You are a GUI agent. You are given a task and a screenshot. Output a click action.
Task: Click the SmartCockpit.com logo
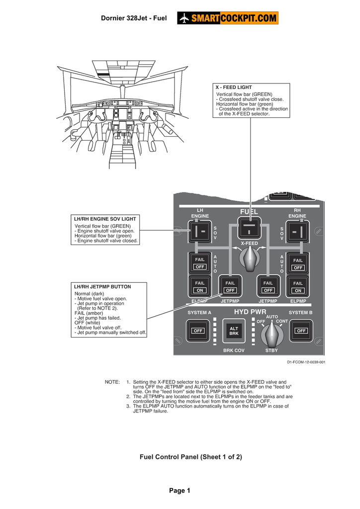point(227,18)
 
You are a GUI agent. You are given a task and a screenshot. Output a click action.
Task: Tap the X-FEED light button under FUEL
point(249,230)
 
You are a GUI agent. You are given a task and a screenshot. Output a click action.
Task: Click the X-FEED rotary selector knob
point(249,258)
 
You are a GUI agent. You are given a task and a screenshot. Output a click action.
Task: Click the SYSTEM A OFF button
point(198,331)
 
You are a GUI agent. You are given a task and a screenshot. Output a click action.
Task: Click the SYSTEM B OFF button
point(301,331)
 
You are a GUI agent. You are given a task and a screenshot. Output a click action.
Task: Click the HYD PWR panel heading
point(250,312)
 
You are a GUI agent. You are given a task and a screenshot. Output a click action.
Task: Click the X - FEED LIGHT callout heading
point(233,87)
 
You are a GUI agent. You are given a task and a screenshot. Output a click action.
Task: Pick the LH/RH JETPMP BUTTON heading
point(102,287)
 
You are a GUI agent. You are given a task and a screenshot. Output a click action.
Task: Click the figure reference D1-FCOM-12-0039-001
point(305,362)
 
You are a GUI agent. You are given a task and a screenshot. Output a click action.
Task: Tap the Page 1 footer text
point(180,491)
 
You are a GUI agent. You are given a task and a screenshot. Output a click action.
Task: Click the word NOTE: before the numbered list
point(112,382)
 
